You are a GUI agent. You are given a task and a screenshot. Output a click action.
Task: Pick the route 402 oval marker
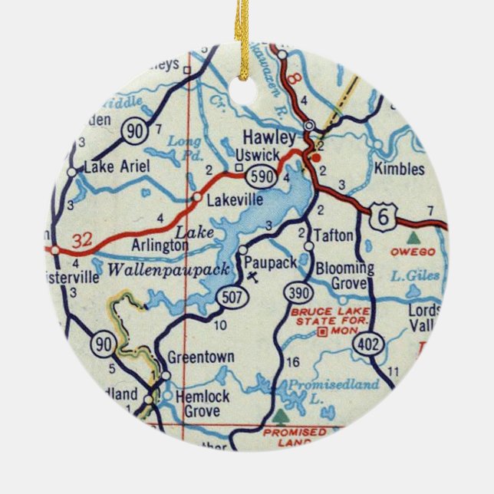[x=369, y=347]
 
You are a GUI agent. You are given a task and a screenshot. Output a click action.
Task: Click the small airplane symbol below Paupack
[x=254, y=276]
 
